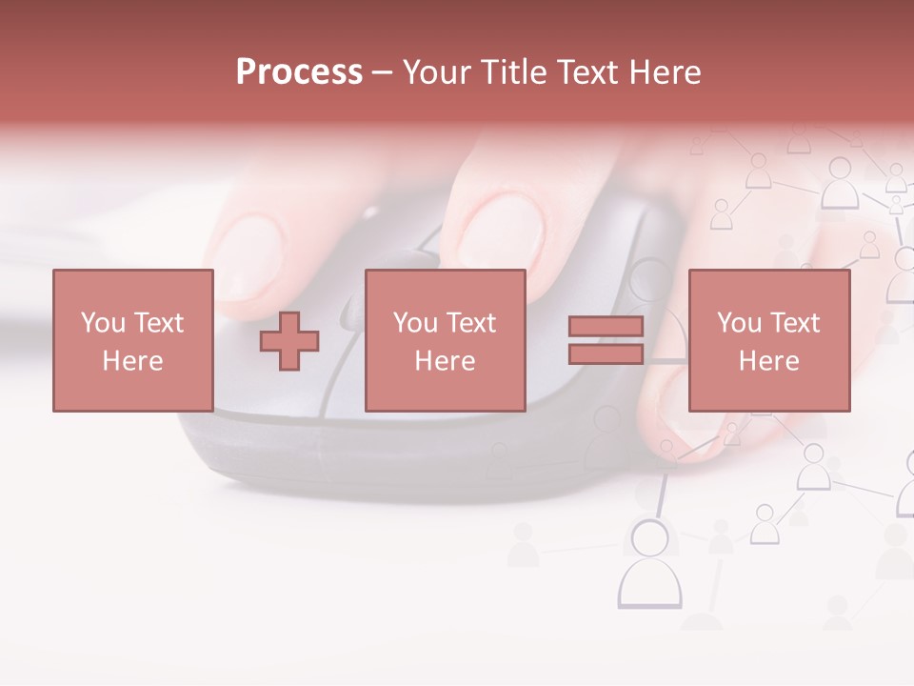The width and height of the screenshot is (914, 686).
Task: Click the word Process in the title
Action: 299,72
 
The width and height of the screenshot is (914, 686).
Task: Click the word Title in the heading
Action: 510,72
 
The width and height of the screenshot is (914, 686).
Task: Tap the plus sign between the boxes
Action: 289,341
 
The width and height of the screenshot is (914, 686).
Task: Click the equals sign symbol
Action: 606,340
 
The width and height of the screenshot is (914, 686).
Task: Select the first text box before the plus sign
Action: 133,340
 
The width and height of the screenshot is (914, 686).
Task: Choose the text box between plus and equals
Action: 445,340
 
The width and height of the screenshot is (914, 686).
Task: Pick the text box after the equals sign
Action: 768,340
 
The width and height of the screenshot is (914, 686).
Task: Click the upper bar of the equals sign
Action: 606,327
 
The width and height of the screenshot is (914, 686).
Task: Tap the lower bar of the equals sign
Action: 606,353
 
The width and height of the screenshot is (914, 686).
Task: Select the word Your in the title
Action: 434,72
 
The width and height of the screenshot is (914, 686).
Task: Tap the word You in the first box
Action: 103,323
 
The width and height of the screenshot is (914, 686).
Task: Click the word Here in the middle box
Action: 445,361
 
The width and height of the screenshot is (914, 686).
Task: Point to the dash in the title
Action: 381,72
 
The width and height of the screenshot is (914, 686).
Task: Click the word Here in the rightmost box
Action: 768,361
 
